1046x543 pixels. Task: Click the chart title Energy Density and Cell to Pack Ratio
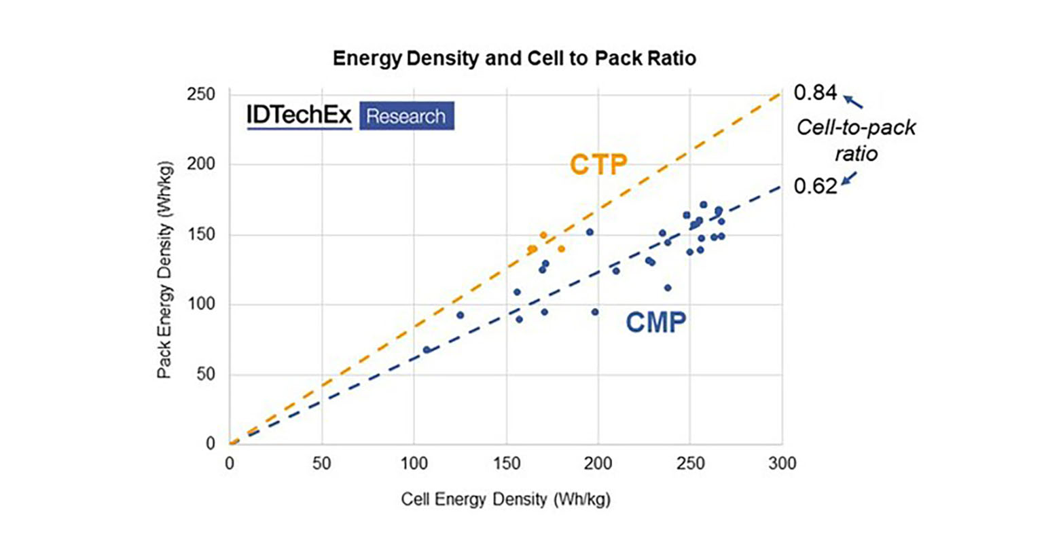514,58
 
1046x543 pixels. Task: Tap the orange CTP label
598,165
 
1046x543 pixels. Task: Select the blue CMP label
655,323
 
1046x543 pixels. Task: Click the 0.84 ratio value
815,92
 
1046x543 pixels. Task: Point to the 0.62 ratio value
815,186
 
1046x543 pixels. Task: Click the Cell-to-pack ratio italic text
856,141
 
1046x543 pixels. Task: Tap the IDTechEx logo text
299,116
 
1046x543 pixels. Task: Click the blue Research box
406,116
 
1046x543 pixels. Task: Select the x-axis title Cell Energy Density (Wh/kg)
505,500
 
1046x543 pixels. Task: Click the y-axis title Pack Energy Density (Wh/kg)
164,269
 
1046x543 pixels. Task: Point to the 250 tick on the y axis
201,94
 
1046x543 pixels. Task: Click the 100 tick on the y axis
201,304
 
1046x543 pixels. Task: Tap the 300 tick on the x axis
782,464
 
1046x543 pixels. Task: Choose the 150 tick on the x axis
505,464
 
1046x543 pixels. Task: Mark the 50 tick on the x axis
321,464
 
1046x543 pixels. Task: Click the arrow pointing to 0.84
853,102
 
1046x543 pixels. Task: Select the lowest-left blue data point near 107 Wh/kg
427,350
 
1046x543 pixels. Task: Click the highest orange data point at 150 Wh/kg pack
543,236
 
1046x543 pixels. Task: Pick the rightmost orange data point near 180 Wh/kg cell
561,249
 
